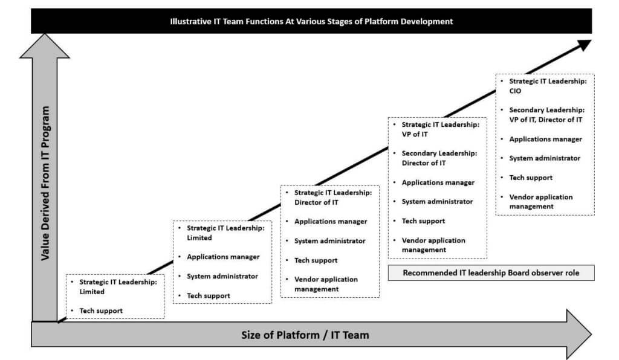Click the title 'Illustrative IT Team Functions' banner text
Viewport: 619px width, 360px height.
coord(311,22)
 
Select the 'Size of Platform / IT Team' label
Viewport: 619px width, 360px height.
coord(305,334)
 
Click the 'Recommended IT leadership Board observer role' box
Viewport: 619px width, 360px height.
coord(490,273)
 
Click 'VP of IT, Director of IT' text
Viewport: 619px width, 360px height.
coord(546,120)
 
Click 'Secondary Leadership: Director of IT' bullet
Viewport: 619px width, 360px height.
coord(439,158)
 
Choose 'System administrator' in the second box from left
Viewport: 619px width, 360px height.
coord(222,276)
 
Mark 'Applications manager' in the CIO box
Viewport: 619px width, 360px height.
coord(546,139)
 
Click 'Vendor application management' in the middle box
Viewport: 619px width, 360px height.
coord(326,284)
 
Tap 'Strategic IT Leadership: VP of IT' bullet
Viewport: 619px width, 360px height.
coord(440,129)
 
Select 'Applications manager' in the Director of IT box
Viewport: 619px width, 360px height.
coord(331,222)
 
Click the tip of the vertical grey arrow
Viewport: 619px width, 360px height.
coord(45,35)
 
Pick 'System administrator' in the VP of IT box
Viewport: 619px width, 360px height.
coord(437,202)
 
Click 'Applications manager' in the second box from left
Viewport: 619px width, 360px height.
coord(223,257)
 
